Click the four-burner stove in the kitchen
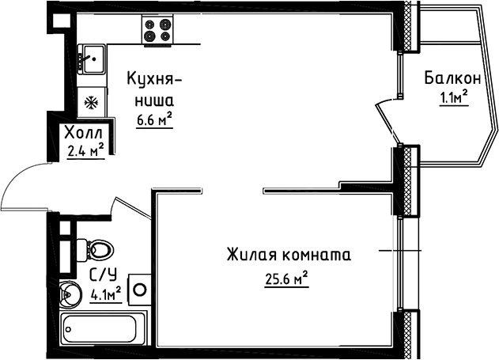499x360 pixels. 157,29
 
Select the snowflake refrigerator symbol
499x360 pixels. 91,102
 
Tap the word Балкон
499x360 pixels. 452,78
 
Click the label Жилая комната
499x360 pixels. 288,256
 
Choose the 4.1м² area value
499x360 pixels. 106,295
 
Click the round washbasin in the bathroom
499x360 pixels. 69,295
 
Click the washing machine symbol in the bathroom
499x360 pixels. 140,289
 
